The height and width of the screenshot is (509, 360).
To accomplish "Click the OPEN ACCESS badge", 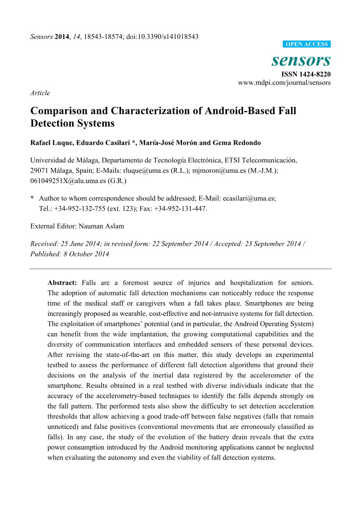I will coord(307,44).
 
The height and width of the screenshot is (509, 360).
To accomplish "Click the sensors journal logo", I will coord(301,60).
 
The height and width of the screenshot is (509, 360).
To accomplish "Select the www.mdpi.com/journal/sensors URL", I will coord(284,82).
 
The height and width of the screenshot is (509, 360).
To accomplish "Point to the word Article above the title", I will coord(40,93).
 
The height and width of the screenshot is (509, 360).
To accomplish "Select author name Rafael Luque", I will coord(52,143).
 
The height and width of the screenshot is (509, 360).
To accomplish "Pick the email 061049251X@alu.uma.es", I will coord(68,180).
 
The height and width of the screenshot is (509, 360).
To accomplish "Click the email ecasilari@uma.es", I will coord(249,198).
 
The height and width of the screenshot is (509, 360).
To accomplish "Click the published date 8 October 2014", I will coord(86,254).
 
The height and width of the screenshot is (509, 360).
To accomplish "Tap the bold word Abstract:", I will coord(62,283).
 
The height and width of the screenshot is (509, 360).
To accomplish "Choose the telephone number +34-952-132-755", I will coord(80,208).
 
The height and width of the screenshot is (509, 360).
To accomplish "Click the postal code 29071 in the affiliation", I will coord(39,170).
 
